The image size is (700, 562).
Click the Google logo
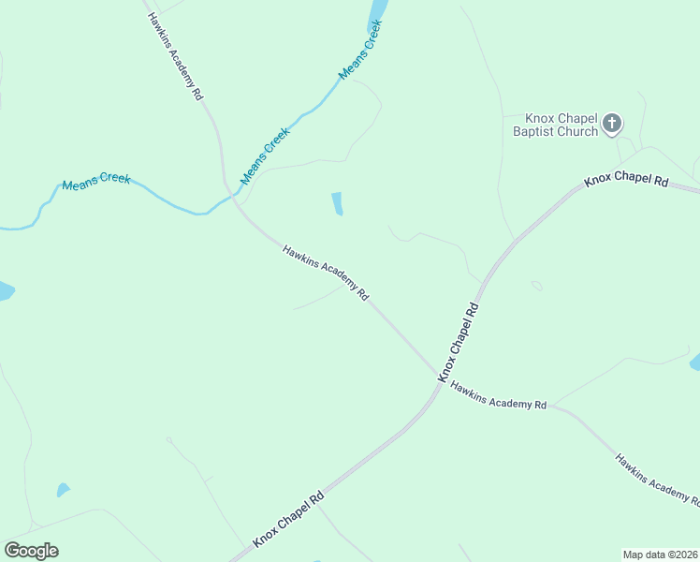pyautogui.click(x=31, y=551)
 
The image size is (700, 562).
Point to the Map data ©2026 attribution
pyautogui.click(x=660, y=555)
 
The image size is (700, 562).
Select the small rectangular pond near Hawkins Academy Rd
pyautogui.click(x=337, y=203)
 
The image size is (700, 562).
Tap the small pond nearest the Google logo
pyautogui.click(x=63, y=490)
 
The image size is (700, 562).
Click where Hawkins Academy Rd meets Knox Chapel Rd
pyautogui.click(x=440, y=377)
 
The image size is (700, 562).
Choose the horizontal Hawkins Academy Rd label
pyautogui.click(x=498, y=395)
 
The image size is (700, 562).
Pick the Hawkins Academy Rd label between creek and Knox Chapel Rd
pyautogui.click(x=325, y=273)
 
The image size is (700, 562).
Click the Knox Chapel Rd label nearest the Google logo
pyautogui.click(x=288, y=520)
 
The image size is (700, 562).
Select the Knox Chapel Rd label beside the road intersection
pyautogui.click(x=459, y=341)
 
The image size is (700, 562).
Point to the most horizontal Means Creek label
pyautogui.click(x=96, y=182)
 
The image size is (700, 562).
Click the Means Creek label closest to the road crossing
pyautogui.click(x=266, y=155)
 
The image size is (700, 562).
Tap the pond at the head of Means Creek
pyautogui.click(x=377, y=11)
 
